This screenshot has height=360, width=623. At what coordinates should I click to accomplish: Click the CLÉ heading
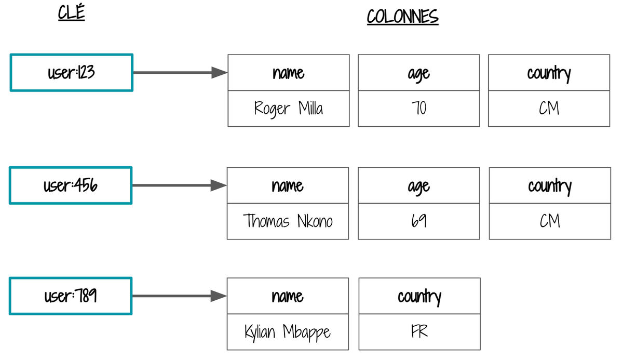pyautogui.click(x=71, y=12)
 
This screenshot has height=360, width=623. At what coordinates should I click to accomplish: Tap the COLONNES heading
pyautogui.click(x=402, y=17)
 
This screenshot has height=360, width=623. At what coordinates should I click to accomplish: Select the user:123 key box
pyautogui.click(x=72, y=73)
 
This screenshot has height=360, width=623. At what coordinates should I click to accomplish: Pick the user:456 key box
pyautogui.click(x=71, y=185)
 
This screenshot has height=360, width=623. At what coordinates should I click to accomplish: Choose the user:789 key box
pyautogui.click(x=71, y=296)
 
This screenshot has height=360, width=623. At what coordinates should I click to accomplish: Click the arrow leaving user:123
pyautogui.click(x=180, y=73)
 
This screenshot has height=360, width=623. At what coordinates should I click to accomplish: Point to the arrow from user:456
pyautogui.click(x=180, y=185)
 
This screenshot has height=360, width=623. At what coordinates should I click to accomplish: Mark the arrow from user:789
pyautogui.click(x=180, y=296)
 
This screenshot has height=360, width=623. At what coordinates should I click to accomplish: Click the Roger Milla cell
pyautogui.click(x=289, y=109)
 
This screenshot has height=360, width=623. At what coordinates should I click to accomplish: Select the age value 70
pyautogui.click(x=419, y=109)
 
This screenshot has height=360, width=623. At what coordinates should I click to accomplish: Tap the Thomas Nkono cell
pyautogui.click(x=288, y=221)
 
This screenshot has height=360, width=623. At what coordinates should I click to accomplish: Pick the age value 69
pyautogui.click(x=419, y=221)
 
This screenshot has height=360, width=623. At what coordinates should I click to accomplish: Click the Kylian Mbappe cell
pyautogui.click(x=288, y=332)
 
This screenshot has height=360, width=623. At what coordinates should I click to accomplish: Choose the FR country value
pyautogui.click(x=419, y=332)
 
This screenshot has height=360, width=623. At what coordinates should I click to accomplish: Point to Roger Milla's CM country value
pyautogui.click(x=549, y=109)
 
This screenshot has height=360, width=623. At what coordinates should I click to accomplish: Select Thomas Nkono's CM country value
pyautogui.click(x=550, y=221)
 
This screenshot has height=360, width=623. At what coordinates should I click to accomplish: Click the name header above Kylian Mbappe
pyautogui.click(x=288, y=296)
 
